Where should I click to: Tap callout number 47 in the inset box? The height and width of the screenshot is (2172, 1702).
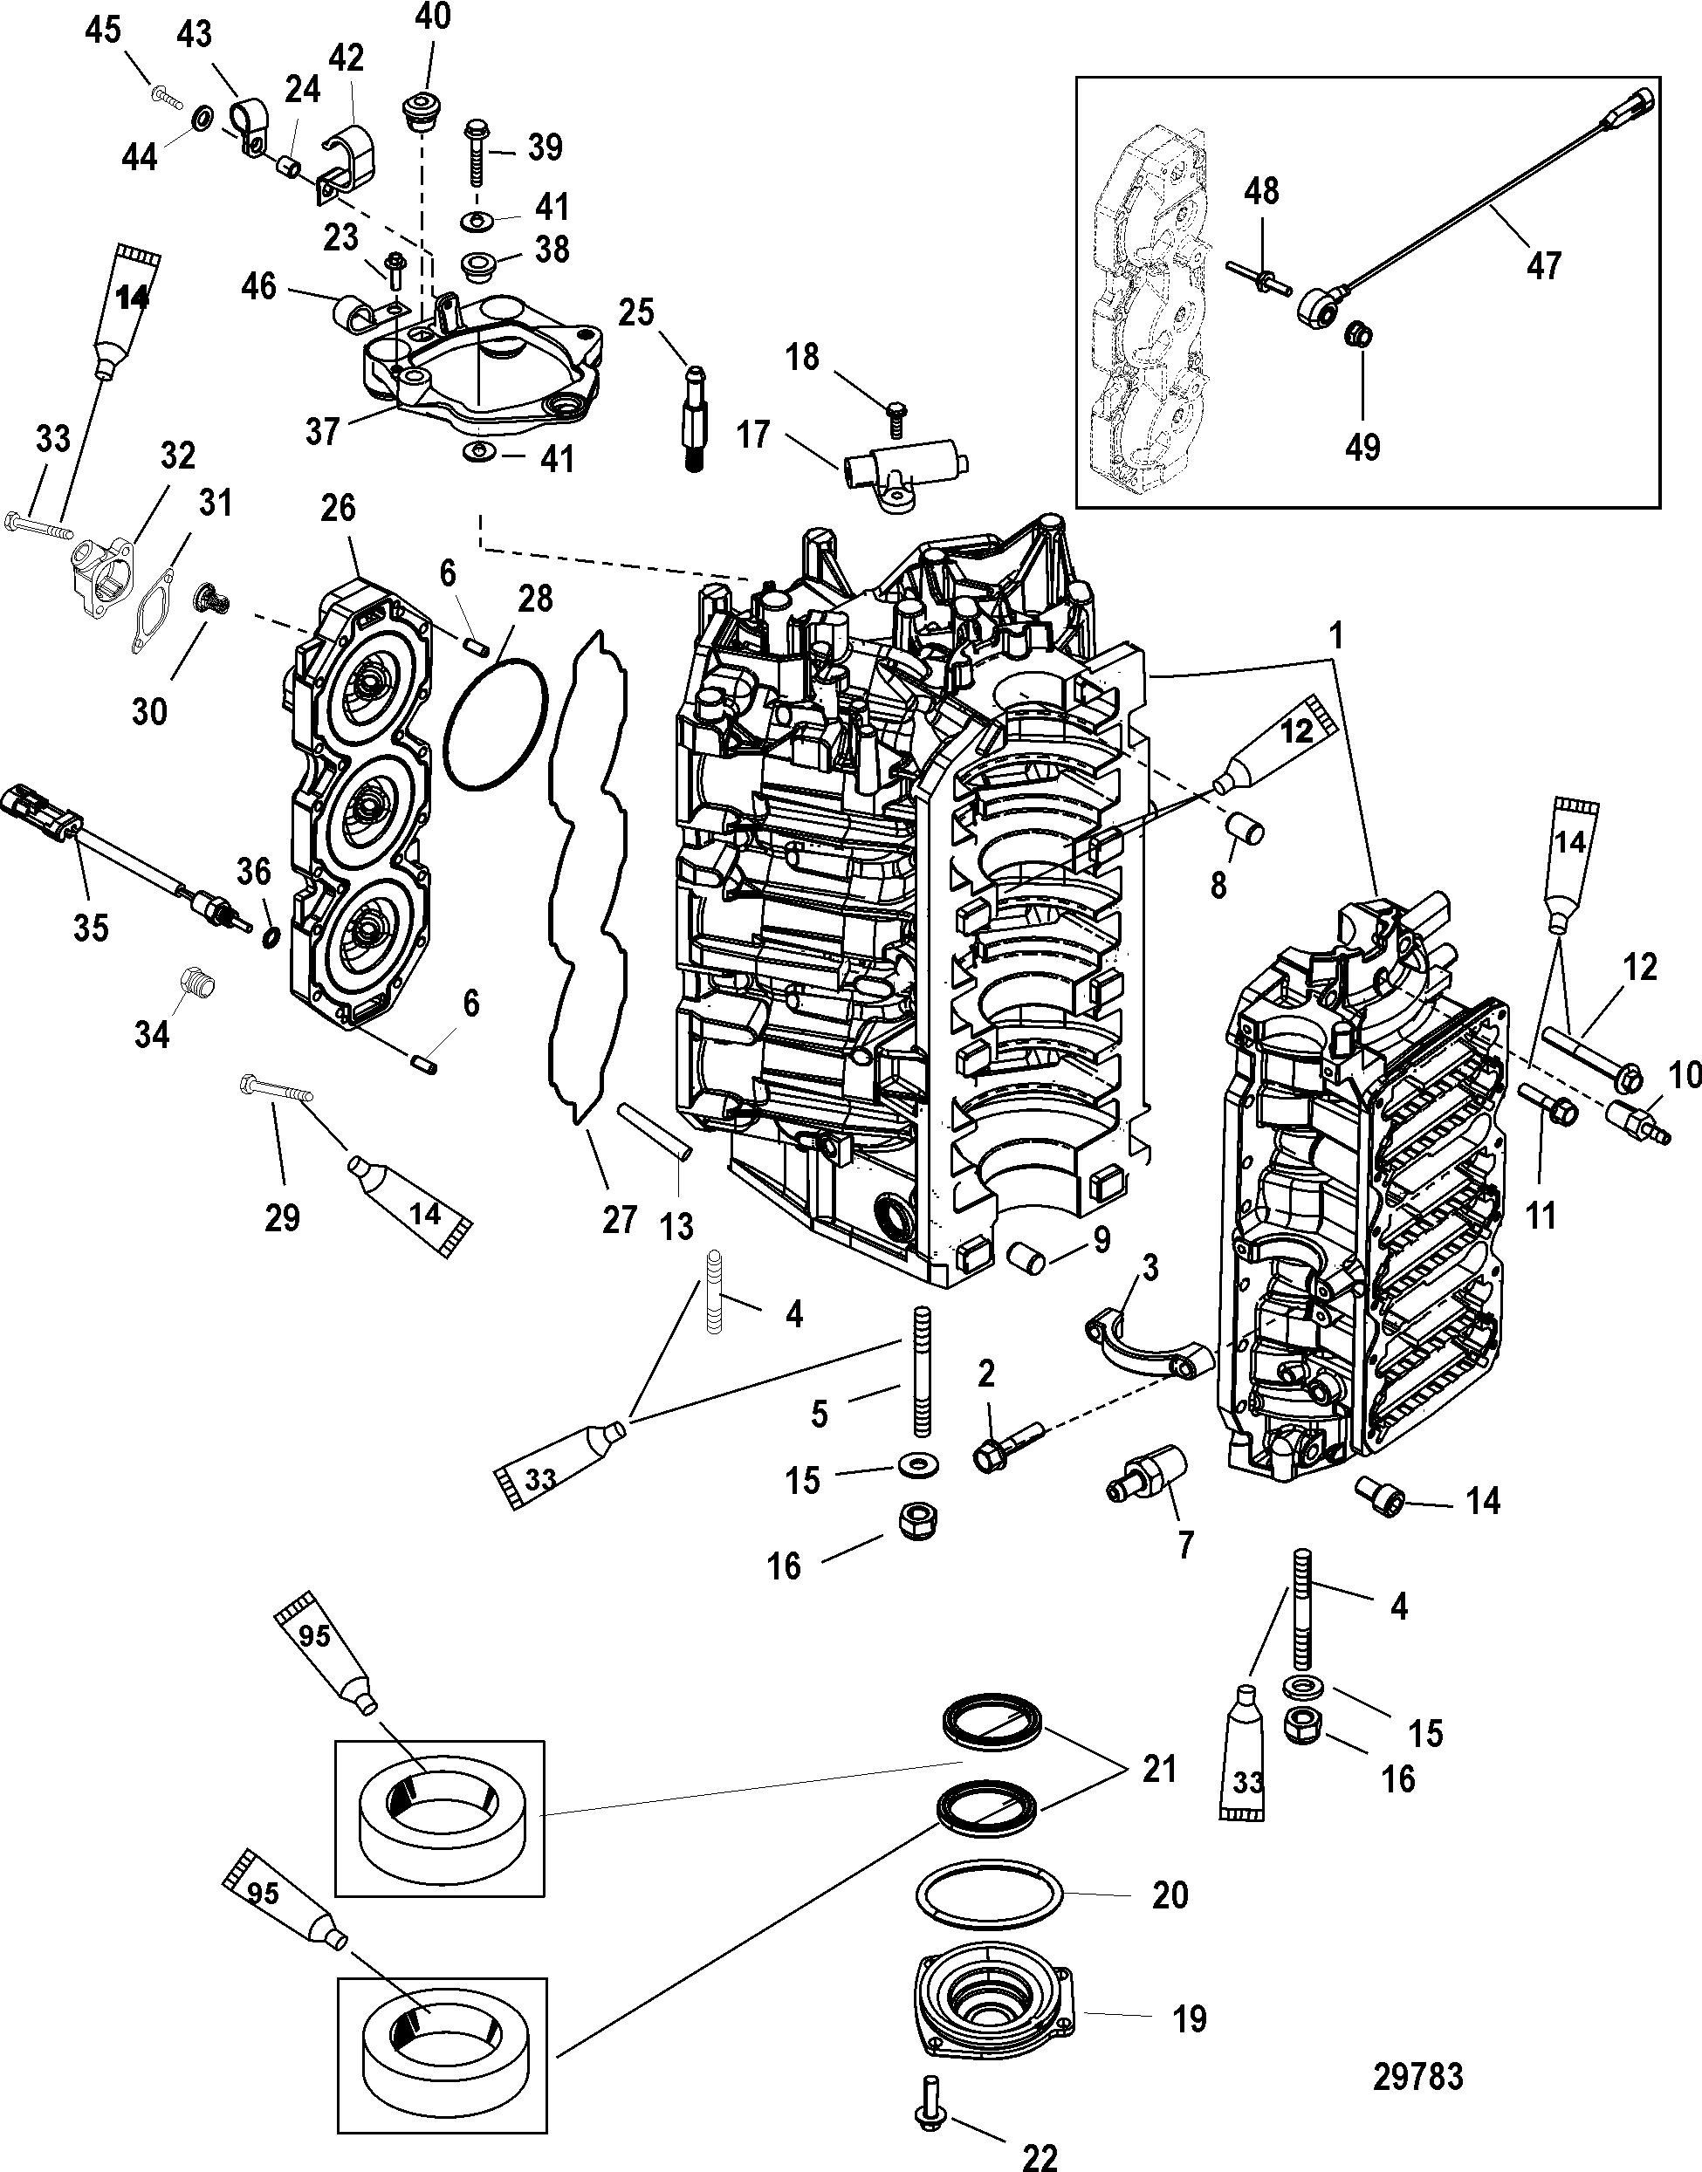pos(1543,265)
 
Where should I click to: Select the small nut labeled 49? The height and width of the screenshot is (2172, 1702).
pos(1356,336)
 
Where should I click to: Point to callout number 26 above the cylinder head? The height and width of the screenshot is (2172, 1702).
pos(338,508)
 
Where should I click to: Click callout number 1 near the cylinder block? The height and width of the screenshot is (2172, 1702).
pos(1335,635)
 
